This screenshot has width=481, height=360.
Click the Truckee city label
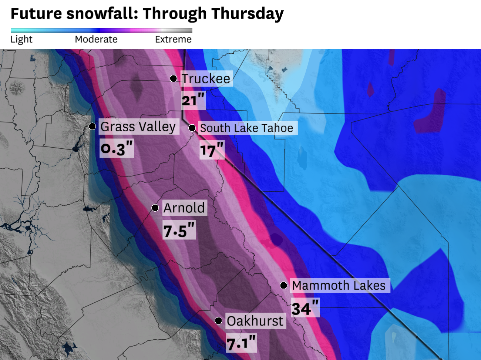click(x=206, y=78)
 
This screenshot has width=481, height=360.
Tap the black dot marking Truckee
click(x=173, y=78)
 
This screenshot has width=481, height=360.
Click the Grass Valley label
click(x=138, y=127)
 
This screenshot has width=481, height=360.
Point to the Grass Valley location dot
click(x=92, y=127)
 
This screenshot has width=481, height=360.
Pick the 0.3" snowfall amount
click(x=117, y=149)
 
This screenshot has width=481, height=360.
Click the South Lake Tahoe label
click(x=246, y=128)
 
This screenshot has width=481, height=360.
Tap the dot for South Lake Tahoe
click(x=192, y=128)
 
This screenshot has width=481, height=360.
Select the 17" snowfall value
click(x=212, y=150)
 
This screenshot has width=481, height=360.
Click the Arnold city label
click(x=184, y=208)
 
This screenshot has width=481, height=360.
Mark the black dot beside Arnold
click(x=155, y=208)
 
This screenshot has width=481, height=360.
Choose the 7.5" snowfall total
click(x=179, y=231)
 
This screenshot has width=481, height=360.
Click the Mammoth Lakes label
click(x=339, y=285)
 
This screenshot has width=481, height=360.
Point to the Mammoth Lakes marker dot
click(x=283, y=285)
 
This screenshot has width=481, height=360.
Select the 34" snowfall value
click(x=305, y=308)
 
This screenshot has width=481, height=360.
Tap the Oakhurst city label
click(x=255, y=321)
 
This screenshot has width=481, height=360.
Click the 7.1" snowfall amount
click(x=241, y=343)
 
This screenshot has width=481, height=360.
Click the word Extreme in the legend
click(x=173, y=39)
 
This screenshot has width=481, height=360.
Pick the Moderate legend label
click(x=96, y=39)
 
